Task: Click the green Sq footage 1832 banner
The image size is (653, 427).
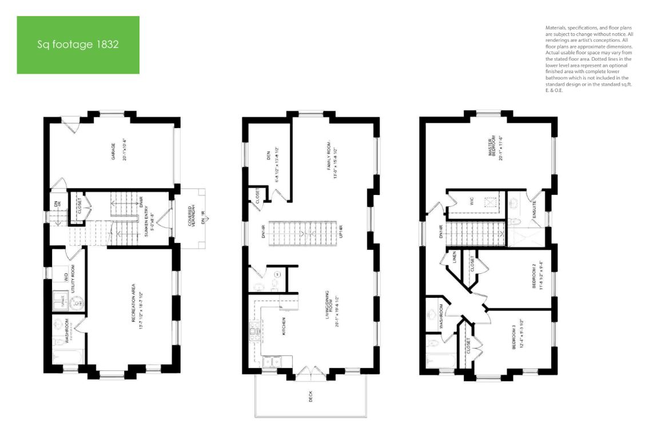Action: point(78,45)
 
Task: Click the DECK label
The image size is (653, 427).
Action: point(311,396)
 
